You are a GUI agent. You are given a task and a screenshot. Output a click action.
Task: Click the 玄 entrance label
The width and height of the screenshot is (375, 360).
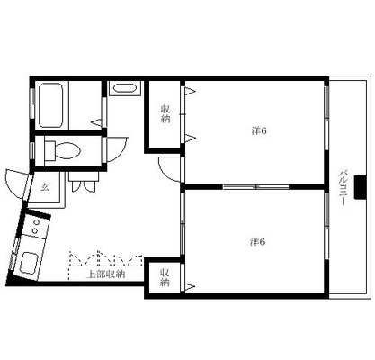[44, 187]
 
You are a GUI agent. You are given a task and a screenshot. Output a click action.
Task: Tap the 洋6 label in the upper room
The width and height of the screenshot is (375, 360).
[258, 131]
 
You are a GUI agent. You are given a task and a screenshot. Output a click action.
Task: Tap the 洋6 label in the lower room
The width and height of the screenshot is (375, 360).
[258, 240]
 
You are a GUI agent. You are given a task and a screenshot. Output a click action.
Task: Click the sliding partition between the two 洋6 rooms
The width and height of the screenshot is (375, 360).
[255, 186]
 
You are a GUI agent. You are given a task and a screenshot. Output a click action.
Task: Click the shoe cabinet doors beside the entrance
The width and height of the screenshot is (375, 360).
[86, 187]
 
